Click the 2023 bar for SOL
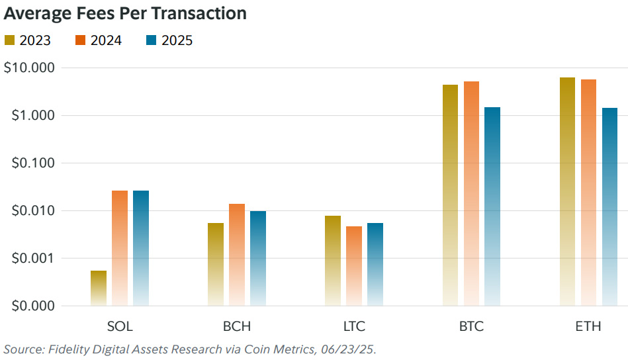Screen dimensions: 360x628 pos(99,288)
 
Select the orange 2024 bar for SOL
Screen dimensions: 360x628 pos(120,247)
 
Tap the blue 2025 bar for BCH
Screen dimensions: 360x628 pos(258,258)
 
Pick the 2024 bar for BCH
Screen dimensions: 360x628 pos(237,255)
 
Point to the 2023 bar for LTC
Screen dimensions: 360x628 pos(333,261)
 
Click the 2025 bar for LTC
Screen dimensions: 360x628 pos(375,264)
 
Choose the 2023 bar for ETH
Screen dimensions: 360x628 pos(567,191)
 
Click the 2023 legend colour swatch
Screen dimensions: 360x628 pos(9,40)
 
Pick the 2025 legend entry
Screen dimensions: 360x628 pos(169,40)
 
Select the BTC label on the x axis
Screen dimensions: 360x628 pos(471,326)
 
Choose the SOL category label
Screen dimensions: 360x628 pos(120,326)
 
